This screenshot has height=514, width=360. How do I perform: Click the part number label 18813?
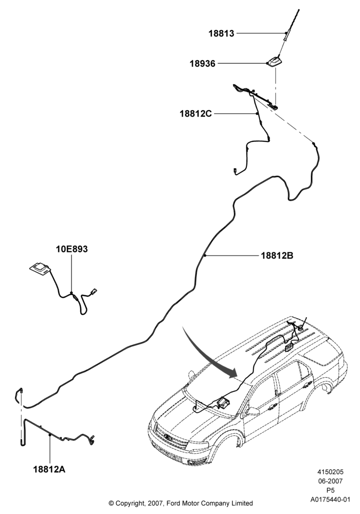[221, 33]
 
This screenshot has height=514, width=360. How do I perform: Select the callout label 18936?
[203, 63]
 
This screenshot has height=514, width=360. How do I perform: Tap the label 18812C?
[196, 114]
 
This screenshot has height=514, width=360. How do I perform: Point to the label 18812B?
[277, 255]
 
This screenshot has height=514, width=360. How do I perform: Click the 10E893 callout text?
[72, 249]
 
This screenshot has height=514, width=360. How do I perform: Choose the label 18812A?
[49, 469]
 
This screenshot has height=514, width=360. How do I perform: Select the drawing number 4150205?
[330, 472]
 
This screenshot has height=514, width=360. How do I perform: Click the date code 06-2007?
[330, 481]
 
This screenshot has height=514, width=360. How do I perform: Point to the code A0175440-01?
[330, 500]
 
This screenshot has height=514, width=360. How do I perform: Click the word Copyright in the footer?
[130, 503]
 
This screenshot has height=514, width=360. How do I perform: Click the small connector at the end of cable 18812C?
[235, 170]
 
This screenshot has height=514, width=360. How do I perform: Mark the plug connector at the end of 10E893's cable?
[95, 290]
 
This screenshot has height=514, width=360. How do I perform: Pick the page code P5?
[330, 490]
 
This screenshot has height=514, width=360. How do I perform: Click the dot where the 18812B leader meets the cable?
[204, 255]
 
